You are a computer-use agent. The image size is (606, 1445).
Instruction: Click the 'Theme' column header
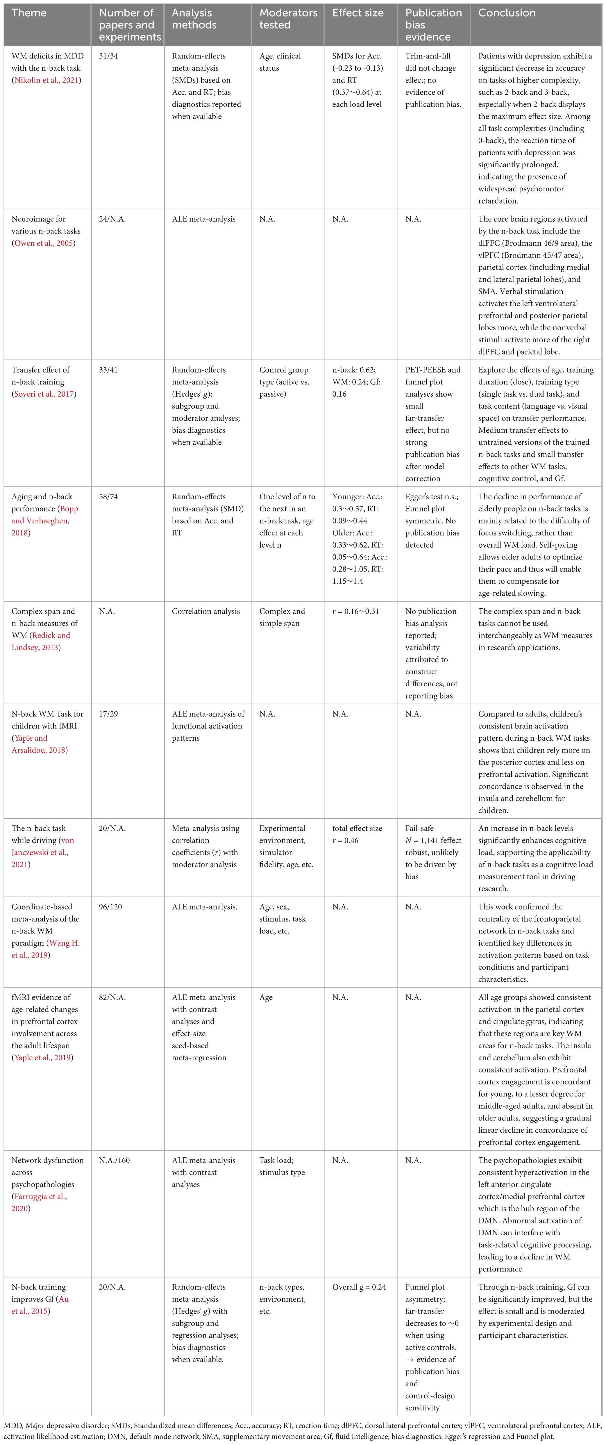click(29, 13)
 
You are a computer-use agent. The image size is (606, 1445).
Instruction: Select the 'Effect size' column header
click(358, 13)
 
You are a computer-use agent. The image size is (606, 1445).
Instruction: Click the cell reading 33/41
click(108, 370)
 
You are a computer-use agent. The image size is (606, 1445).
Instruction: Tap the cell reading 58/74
click(108, 496)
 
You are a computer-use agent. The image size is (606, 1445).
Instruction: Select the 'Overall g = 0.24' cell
click(359, 1287)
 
